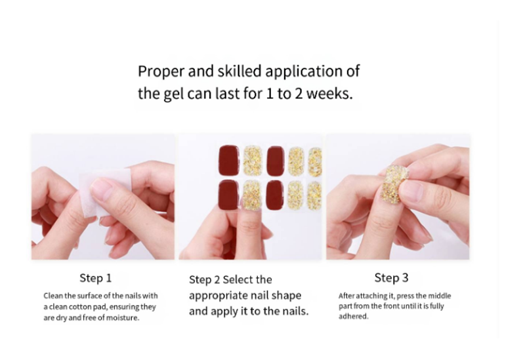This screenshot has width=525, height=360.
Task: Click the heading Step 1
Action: pos(95,277)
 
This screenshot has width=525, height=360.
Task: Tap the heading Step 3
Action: pos(391,277)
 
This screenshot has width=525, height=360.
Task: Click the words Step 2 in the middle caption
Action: pos(204,280)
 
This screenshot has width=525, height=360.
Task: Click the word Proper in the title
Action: pos(161,72)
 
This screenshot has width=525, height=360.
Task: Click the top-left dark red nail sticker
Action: pos(228,160)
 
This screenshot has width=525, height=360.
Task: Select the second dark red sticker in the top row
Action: pos(276,160)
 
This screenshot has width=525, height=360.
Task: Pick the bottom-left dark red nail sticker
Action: pos(228,195)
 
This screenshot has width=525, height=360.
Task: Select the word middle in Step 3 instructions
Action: pos(440,296)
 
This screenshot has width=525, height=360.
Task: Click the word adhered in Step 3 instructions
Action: pos(353,317)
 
